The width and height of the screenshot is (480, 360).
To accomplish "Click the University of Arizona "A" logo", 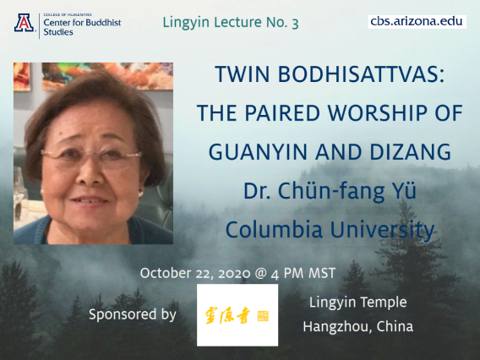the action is (24, 23).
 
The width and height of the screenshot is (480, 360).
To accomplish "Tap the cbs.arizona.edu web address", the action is (417, 21).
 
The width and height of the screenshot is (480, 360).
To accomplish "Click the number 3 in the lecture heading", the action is (295, 24).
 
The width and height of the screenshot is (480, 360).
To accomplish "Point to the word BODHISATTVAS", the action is (361, 74).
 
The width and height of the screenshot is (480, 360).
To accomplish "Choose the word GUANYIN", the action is (258, 152).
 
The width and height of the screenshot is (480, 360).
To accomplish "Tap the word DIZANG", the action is (411, 152).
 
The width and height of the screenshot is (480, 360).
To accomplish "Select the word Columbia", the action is (274, 230).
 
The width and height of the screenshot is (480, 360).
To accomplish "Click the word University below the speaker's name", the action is (382, 230).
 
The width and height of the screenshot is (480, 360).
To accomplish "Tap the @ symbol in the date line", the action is (260, 273).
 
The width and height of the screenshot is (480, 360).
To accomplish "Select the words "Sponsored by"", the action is (133, 314).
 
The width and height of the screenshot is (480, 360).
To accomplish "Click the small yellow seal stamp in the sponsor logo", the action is (263, 316).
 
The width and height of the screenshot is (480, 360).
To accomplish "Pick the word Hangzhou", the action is (337, 327).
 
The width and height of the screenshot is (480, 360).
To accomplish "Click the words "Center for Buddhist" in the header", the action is (82, 22).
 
